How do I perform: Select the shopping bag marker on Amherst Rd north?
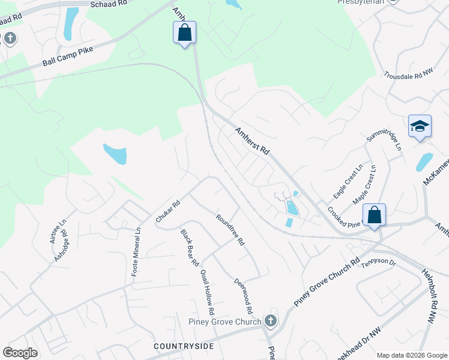(x=185, y=32)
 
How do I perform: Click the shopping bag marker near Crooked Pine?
(x=374, y=215)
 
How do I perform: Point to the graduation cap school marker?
(x=420, y=127)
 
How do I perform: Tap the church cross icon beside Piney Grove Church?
(x=271, y=320)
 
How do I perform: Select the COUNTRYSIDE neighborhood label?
(x=184, y=346)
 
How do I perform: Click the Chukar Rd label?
(x=168, y=212)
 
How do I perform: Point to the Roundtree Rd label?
(x=231, y=230)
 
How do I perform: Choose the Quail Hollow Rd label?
(x=207, y=292)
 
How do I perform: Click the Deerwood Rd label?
(x=243, y=296)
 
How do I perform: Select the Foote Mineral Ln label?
(x=136, y=250)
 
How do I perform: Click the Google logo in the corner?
(x=20, y=353)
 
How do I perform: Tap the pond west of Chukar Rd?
(x=115, y=154)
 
